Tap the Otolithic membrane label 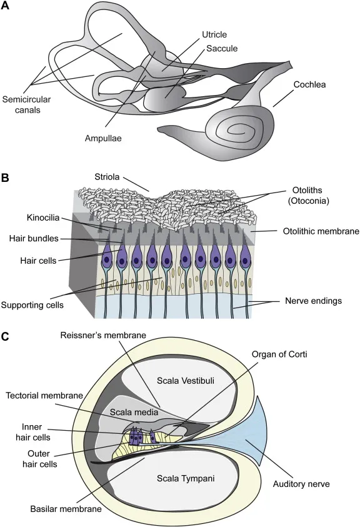(x=316, y=231)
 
